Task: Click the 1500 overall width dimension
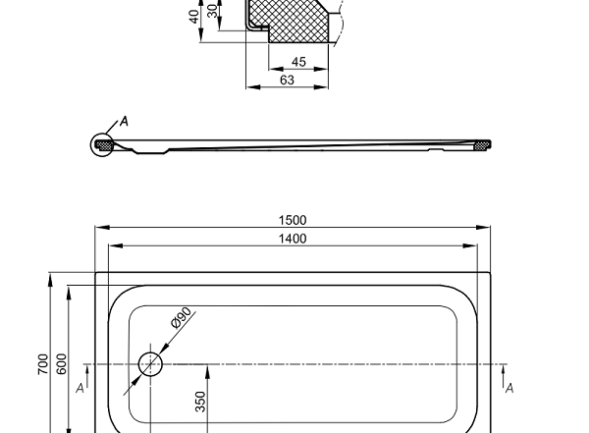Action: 293,220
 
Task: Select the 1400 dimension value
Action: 293,239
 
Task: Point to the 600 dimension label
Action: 61,363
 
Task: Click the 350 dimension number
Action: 201,403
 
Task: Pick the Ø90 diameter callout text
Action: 181,321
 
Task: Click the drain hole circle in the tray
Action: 150,364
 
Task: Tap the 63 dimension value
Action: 287,81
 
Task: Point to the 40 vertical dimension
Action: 195,17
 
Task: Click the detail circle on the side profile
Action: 102,146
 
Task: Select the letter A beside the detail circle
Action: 124,122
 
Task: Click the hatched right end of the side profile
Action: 481,146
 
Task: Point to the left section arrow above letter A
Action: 86,371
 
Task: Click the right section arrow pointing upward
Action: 504,371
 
